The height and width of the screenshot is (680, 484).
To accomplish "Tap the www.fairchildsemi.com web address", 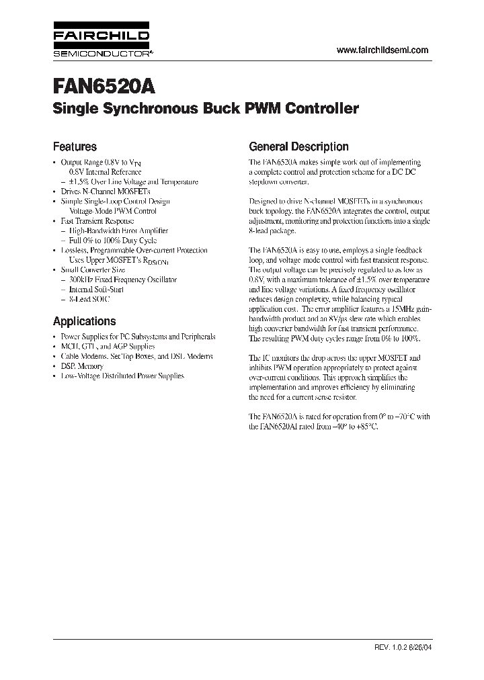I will click(x=381, y=50).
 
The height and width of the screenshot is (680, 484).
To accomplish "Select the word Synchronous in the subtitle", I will click(x=140, y=109).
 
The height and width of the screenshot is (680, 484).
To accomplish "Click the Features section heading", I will click(x=75, y=146).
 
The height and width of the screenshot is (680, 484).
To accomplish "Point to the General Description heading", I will click(x=298, y=146).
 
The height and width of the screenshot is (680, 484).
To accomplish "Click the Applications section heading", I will click(x=84, y=321).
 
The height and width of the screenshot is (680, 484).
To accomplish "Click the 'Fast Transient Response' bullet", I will click(x=97, y=220).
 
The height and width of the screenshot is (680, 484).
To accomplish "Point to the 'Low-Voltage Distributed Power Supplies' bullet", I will click(x=122, y=376).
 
